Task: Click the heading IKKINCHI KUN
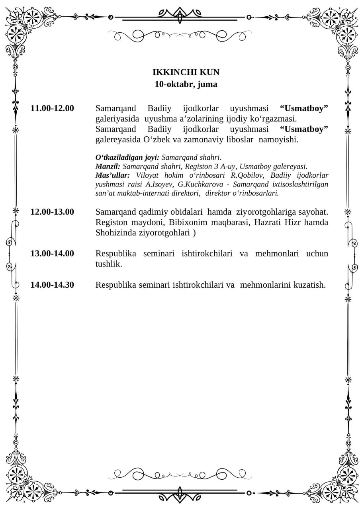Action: point(186,72)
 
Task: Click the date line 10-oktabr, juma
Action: point(186,84)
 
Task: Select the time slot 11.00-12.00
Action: point(52,108)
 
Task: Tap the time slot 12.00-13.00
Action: point(52,212)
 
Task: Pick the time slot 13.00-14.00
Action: point(52,253)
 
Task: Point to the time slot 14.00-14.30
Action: point(52,285)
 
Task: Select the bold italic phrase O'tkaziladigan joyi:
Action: point(127,157)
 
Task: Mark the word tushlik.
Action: point(109,264)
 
